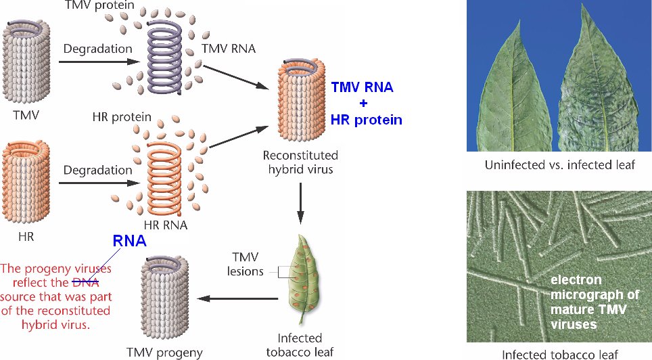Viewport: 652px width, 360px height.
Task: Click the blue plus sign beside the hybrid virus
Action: point(362,104)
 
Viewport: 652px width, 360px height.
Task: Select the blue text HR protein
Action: point(366,120)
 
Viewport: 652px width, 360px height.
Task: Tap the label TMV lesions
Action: point(245,265)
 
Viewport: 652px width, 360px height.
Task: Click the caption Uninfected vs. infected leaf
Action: point(559,164)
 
